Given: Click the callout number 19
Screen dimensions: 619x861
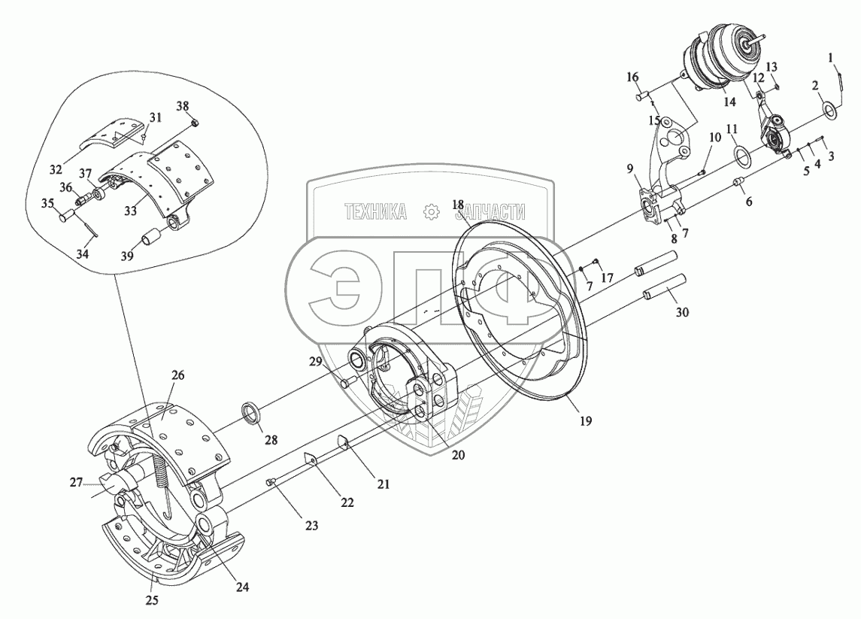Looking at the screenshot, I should point(586,421).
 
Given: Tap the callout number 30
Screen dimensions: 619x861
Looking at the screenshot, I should point(681,311).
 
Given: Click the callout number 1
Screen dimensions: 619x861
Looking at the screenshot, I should point(830,57).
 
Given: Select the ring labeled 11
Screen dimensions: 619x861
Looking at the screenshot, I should point(740,156).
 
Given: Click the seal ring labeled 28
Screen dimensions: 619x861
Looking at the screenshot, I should point(253,413).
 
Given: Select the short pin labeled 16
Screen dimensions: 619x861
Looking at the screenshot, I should point(641,96).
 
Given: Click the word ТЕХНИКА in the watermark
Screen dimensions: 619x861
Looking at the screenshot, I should point(374,213).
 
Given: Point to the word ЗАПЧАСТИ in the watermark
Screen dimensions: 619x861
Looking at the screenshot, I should point(490,213).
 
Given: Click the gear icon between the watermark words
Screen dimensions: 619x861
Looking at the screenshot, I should point(431,213).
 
